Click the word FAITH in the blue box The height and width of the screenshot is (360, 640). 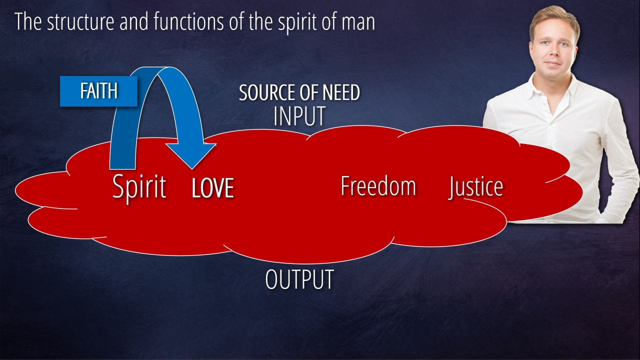[x=98, y=91]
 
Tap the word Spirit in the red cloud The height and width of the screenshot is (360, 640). [x=139, y=187]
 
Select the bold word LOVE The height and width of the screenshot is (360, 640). [x=212, y=188]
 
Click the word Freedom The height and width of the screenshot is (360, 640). [x=378, y=186]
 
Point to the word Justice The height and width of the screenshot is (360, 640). [x=475, y=187]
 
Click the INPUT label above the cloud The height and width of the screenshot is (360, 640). [x=299, y=116]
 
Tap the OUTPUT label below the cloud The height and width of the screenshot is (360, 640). [x=299, y=279]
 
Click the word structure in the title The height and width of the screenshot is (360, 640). [x=72, y=22]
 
